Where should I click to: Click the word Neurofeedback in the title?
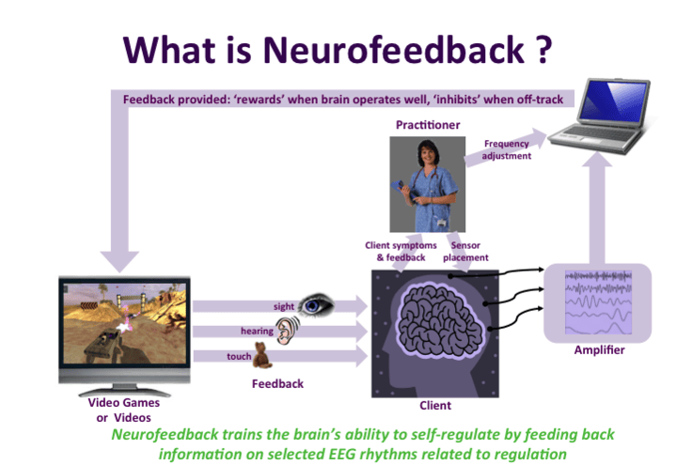pyautogui.click(x=394, y=50)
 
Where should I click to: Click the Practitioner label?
pyautogui.click(x=428, y=125)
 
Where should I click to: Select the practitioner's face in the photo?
pyautogui.click(x=427, y=155)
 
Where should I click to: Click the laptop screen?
pyautogui.click(x=613, y=101)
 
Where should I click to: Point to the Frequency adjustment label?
pyautogui.click(x=506, y=149)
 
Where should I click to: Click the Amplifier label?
pyautogui.click(x=599, y=350)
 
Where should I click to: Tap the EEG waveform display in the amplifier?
pyautogui.click(x=598, y=302)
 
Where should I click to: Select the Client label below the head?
pyautogui.click(x=435, y=406)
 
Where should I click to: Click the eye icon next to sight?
pyautogui.click(x=316, y=304)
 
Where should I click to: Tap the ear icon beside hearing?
pyautogui.click(x=287, y=330)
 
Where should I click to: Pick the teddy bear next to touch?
pyautogui.click(x=261, y=355)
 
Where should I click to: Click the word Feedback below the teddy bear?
pyautogui.click(x=277, y=384)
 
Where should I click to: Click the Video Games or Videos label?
pyautogui.click(x=124, y=411)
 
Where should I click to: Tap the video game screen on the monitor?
pyautogui.click(x=125, y=323)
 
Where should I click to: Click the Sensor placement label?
pyautogui.click(x=465, y=251)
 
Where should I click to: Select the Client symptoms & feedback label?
pyautogui.click(x=401, y=251)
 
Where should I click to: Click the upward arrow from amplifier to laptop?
pyautogui.click(x=597, y=208)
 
